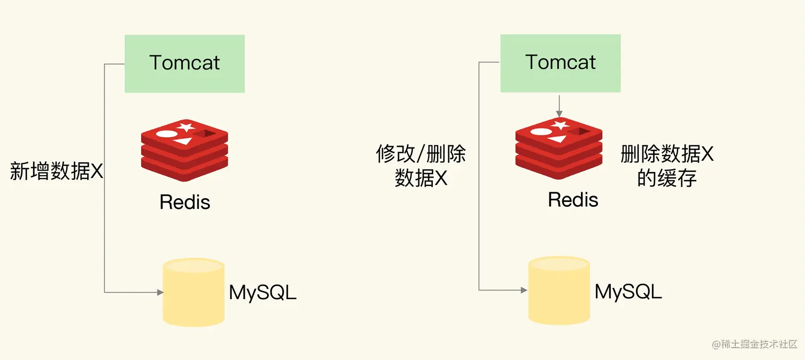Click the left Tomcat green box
tap(184, 64)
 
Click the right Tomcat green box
tap(560, 63)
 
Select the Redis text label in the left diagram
tap(185, 202)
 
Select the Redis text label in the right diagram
tap(573, 200)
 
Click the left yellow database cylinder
tap(193, 292)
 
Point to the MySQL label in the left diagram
tap(262, 293)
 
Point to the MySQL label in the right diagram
tap(628, 292)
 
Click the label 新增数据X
tap(57, 171)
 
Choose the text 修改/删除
tap(421, 154)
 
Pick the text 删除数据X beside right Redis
tap(667, 154)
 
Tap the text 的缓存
tap(667, 178)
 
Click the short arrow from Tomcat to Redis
tap(559, 106)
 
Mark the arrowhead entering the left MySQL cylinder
tap(160, 292)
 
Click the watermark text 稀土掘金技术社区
tap(759, 345)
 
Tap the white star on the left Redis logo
tap(186, 127)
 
